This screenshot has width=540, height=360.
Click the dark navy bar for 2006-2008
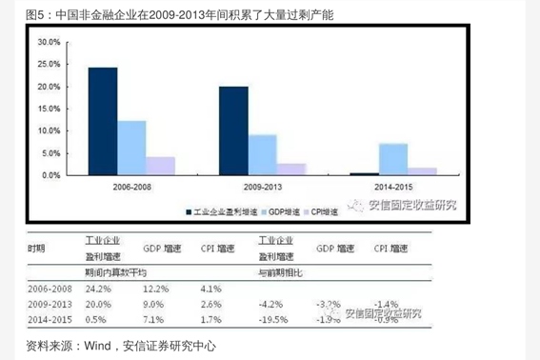pos(103,121)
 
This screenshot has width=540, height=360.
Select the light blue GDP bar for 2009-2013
pos(263,154)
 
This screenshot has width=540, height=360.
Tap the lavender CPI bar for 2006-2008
pos(160,166)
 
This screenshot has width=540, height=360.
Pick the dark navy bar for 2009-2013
pos(233,130)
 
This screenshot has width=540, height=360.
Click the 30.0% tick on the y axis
pos(49,43)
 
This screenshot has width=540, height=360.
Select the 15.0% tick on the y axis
pos(49,110)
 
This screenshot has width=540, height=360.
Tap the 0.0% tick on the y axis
pos(50,175)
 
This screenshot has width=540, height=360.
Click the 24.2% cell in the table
pos(94,287)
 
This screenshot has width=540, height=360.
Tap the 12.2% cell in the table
pos(156,287)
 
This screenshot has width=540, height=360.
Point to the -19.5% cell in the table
pos(273,320)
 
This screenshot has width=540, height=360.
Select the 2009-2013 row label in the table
pos(49,304)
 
